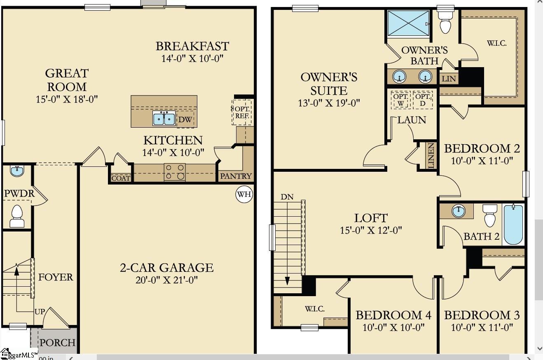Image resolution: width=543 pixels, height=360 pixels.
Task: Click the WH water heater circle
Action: click(244, 194)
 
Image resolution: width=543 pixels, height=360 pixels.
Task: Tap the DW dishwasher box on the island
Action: click(185, 119)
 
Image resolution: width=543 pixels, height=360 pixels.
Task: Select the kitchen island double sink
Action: click(164, 119)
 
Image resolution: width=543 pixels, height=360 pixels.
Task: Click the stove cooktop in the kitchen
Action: click(175, 172)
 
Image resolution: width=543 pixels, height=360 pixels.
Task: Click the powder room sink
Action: click(17, 171)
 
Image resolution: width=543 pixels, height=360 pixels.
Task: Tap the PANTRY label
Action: click(236, 176)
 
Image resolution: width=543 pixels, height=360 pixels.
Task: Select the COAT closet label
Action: click(121, 178)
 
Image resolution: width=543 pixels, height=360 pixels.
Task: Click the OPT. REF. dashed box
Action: click(242, 112)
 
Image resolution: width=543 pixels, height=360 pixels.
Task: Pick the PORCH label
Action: click(57, 343)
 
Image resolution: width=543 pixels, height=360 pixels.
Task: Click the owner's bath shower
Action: click(409, 23)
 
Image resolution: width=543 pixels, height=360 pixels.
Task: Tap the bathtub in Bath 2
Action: click(513, 224)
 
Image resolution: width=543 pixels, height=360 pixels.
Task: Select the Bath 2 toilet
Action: click(490, 215)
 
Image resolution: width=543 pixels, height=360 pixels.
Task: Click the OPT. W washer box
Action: click(400, 100)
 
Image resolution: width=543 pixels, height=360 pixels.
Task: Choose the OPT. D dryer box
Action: click(423, 100)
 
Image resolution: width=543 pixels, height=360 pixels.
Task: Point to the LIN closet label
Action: click(449, 78)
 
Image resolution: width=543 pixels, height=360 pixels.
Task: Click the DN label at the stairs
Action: click(287, 197)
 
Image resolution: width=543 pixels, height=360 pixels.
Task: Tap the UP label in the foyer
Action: click(40, 312)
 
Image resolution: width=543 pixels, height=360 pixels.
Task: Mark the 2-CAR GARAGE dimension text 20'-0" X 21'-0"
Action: click(167, 280)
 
